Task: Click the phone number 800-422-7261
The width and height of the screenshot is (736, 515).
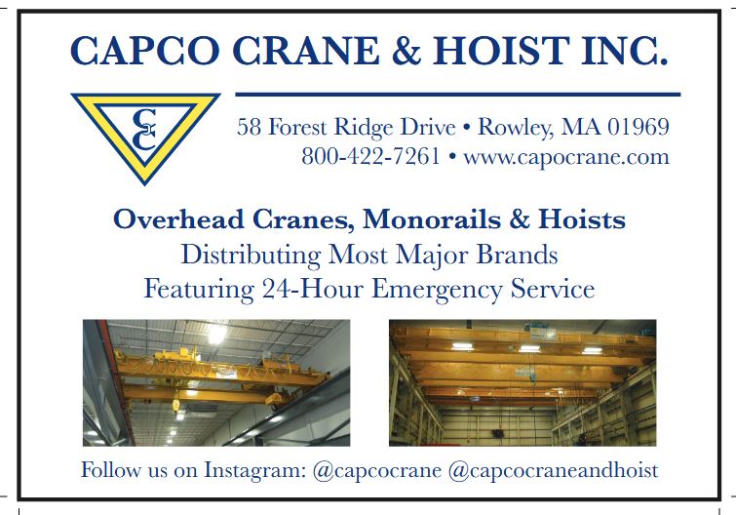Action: coord(370,156)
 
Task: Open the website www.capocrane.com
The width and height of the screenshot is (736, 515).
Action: coord(565,156)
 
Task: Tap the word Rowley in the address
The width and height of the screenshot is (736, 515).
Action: coord(513,128)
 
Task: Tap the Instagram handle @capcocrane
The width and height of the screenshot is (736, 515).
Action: coord(377,470)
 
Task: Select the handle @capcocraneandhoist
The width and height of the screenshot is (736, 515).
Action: coord(553,470)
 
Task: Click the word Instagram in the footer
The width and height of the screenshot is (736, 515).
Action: coord(253,470)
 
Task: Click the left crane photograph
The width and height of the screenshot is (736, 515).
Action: coord(216,382)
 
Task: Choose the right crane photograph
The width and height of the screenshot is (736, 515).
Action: coord(523,382)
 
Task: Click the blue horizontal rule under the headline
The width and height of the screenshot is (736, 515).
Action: coord(458,94)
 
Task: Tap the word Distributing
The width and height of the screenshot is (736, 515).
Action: coord(252,256)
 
